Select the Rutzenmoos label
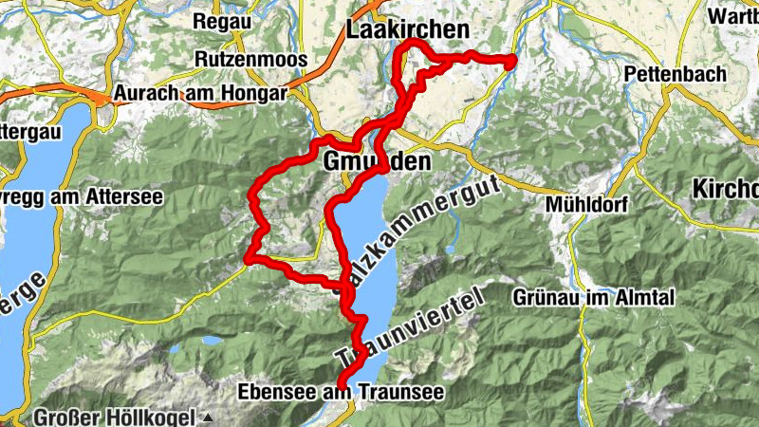(250, 59)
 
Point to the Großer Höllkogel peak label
(114, 417)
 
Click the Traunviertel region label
(408, 327)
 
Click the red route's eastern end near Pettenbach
(510, 63)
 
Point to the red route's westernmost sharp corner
(248, 257)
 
